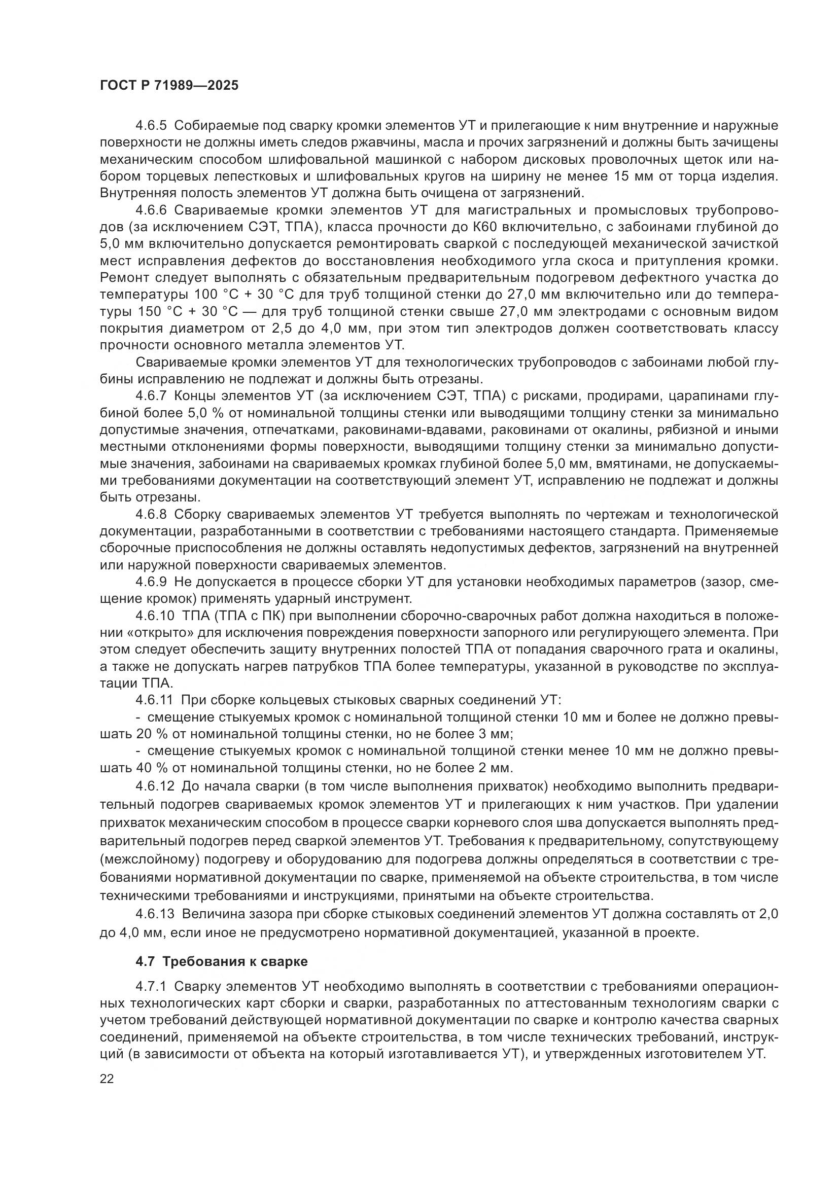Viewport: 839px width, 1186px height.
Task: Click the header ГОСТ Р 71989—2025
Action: [169, 86]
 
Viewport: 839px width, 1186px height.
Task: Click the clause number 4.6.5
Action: [151, 126]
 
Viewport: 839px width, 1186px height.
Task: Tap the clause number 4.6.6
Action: [151, 210]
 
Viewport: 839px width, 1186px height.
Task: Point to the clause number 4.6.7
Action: [151, 396]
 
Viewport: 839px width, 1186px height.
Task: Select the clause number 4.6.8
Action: [151, 515]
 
